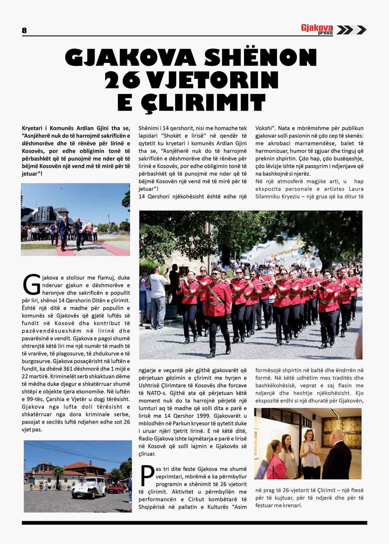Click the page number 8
point(24,30)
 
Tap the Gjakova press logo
point(317,29)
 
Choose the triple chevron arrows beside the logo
point(351,30)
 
